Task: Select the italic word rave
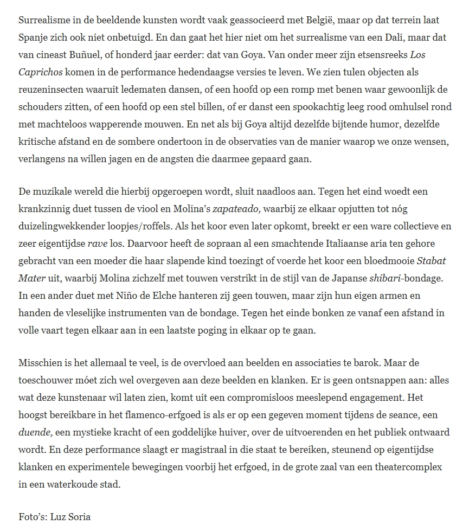point(98,244)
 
